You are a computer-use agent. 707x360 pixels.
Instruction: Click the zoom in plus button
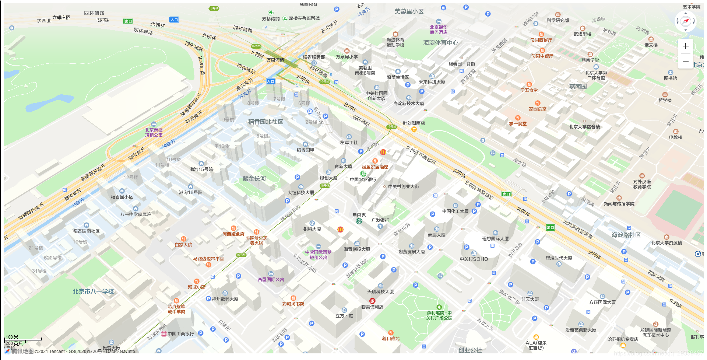tap(685, 46)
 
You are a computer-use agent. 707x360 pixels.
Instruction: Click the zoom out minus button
tap(685, 61)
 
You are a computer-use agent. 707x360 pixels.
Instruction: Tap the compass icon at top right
tap(685, 21)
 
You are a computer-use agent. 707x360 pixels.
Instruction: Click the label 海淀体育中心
tap(440, 43)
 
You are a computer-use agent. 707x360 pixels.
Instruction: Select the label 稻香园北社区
tap(265, 122)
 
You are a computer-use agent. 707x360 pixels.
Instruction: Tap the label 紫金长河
tap(254, 179)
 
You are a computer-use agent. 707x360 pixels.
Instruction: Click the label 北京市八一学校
tap(93, 291)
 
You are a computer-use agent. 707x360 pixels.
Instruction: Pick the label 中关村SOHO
tap(474, 259)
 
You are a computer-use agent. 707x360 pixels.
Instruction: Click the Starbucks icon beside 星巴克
tap(359, 221)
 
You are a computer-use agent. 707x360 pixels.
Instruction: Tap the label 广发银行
tap(380, 220)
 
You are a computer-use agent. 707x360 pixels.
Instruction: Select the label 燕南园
tap(578, 87)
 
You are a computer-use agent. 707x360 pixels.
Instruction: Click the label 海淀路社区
tap(626, 235)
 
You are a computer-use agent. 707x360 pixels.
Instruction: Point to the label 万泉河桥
tap(275, 60)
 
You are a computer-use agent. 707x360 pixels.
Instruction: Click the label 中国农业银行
tap(363, 179)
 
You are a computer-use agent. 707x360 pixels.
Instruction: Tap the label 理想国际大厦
tap(495, 239)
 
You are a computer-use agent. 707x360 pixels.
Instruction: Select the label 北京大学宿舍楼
tap(584, 127)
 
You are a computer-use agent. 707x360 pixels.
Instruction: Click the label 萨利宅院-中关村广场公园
tap(439, 315)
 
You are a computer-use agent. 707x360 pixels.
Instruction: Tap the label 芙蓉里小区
tap(409, 11)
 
